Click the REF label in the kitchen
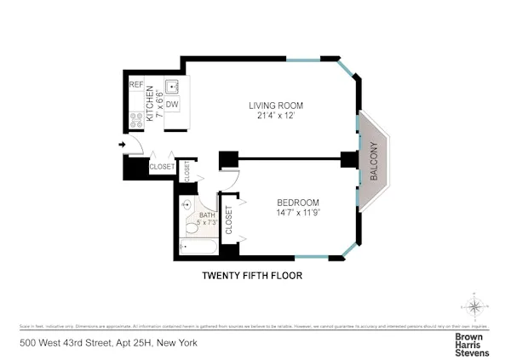pos(135,85)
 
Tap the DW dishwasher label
pos(171,104)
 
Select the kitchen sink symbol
pos(172,86)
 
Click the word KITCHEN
pos(151,102)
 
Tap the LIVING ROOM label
pos(276,106)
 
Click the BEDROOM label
pos(298,202)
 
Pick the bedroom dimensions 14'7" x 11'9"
pos(298,212)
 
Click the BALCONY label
pos(373,160)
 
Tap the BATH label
pos(207,215)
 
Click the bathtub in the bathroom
pos(199,248)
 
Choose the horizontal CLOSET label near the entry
pos(161,167)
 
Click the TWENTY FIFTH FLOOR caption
pos(251,275)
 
